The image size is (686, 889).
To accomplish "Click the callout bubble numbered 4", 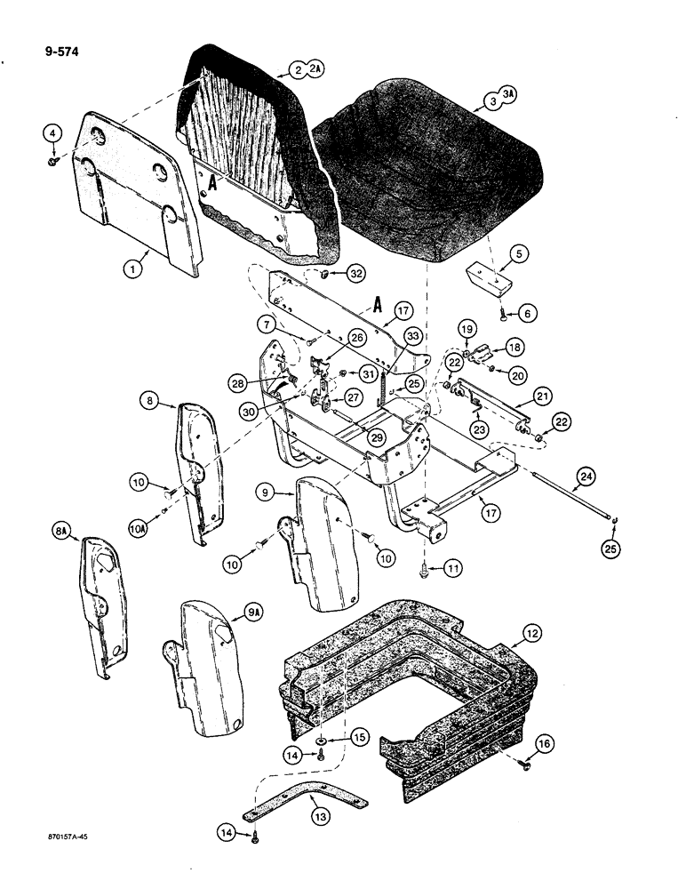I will click(53, 134).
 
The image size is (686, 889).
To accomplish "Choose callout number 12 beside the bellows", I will click(532, 634).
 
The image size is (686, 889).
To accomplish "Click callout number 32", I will click(355, 276).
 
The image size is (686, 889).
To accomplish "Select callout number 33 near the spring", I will click(412, 336).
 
